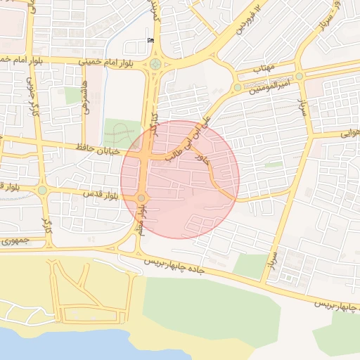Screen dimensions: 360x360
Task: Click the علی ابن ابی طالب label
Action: (x=188, y=139)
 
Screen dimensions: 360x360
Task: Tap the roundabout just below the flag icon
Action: (x=155, y=65)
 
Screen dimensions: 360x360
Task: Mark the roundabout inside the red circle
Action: (x=141, y=198)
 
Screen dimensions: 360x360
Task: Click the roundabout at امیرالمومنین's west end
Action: (x=238, y=88)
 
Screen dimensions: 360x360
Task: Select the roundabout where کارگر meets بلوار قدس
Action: (x=42, y=190)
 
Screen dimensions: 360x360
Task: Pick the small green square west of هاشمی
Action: (x=73, y=96)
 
